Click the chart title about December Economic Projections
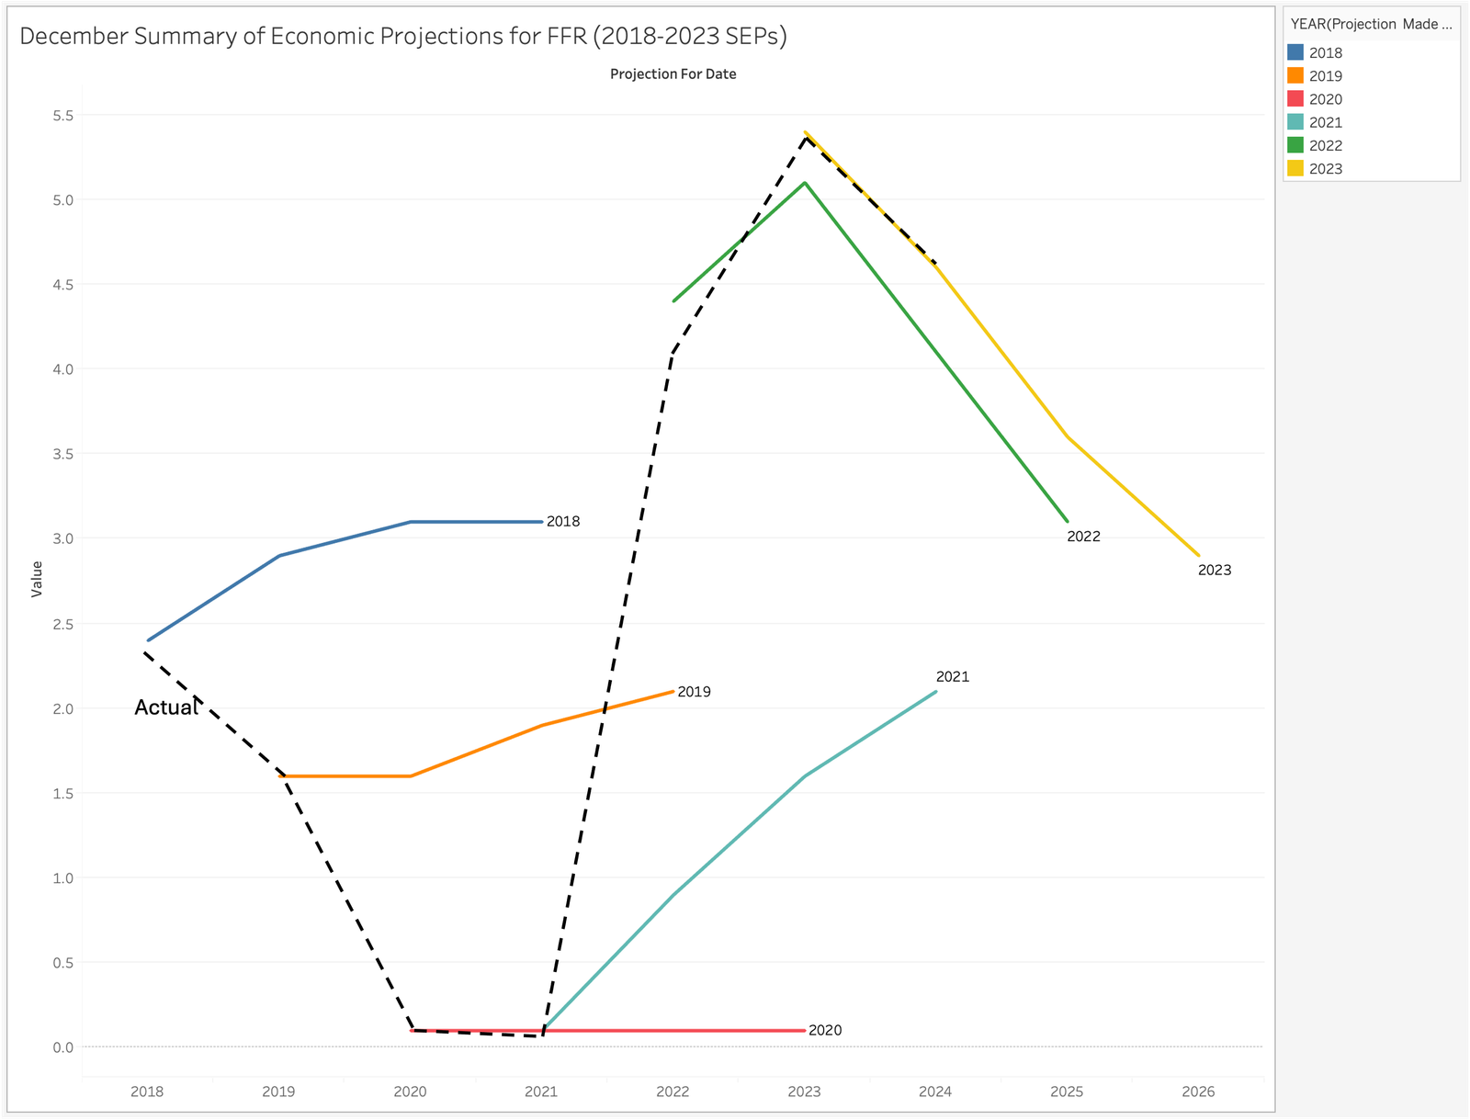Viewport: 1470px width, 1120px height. click(402, 37)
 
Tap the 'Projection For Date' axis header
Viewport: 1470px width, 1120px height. click(673, 74)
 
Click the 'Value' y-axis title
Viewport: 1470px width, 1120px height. click(37, 579)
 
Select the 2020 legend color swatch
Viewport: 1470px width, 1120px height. click(1295, 99)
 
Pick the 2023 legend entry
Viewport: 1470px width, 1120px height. click(1325, 169)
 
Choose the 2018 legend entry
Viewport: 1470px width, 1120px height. click(1325, 53)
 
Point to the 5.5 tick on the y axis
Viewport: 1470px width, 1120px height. click(63, 116)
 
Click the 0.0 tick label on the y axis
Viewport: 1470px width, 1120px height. click(63, 1047)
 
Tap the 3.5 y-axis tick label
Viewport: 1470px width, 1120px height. click(63, 454)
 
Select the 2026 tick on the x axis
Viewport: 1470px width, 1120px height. click(1198, 1092)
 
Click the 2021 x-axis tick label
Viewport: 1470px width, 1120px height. click(541, 1092)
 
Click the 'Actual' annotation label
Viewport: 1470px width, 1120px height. click(165, 707)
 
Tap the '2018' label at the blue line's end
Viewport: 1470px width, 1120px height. click(563, 522)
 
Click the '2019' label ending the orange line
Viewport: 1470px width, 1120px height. click(694, 692)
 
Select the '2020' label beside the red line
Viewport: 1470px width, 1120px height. click(825, 1031)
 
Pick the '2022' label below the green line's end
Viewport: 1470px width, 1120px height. click(1083, 537)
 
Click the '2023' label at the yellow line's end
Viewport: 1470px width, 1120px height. click(1215, 571)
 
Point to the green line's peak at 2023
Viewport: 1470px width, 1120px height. click(805, 183)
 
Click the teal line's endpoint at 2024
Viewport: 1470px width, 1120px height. click(935, 692)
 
